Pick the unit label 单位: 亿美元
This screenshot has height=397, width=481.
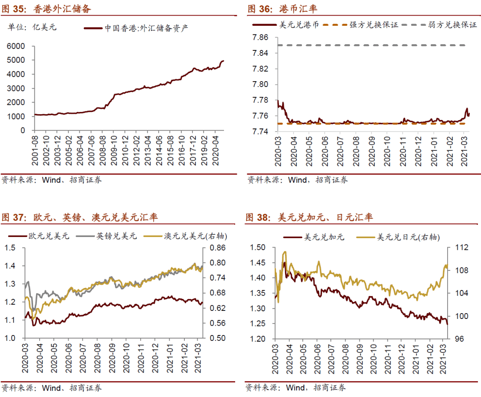coord(33,28)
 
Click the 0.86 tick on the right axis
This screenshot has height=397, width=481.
coord(213,248)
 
